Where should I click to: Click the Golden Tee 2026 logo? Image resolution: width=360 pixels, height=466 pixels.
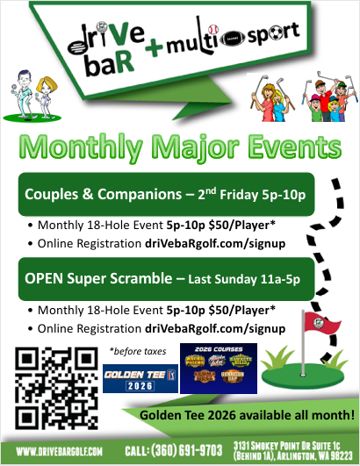coord(134,383)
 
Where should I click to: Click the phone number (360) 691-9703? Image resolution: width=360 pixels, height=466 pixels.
coord(176,451)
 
